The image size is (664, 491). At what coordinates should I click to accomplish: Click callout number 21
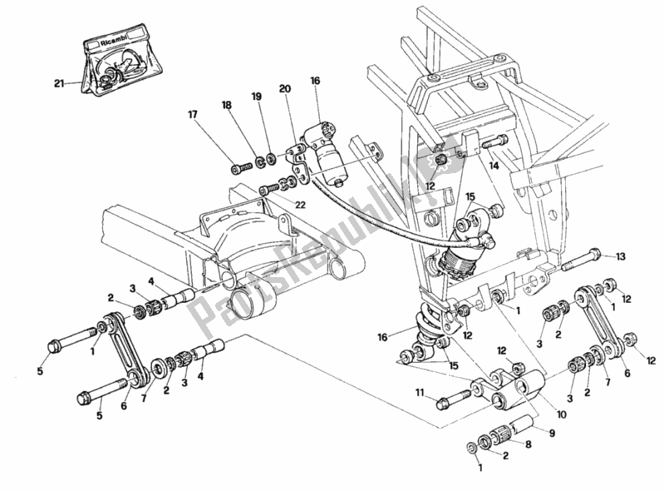(x=58, y=82)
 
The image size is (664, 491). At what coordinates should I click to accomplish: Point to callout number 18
(x=226, y=106)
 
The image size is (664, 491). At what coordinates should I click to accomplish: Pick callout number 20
(x=284, y=89)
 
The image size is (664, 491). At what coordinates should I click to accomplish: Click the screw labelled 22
(x=271, y=188)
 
